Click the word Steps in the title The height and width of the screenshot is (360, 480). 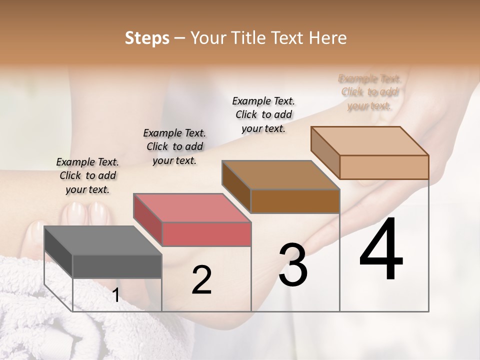click(147, 38)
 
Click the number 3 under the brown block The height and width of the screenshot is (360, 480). click(293, 264)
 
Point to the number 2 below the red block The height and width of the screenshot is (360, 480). click(201, 280)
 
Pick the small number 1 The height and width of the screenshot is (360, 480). click(115, 295)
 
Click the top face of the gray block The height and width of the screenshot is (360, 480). click(103, 240)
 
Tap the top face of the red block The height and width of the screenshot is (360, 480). click(192, 208)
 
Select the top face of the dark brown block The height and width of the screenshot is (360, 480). click(280, 175)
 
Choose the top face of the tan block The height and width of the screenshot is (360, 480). click(369, 141)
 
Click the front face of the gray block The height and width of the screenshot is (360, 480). click(117, 266)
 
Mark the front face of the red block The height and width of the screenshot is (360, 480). click(206, 234)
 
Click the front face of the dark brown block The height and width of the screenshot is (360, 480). click(295, 201)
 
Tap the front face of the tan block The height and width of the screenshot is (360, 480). click(384, 167)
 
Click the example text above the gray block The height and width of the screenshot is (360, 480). click(87, 175)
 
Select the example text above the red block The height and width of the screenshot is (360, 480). click(174, 146)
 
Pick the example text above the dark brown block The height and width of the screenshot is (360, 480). click(263, 114)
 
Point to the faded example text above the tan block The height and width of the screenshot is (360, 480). click(369, 92)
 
